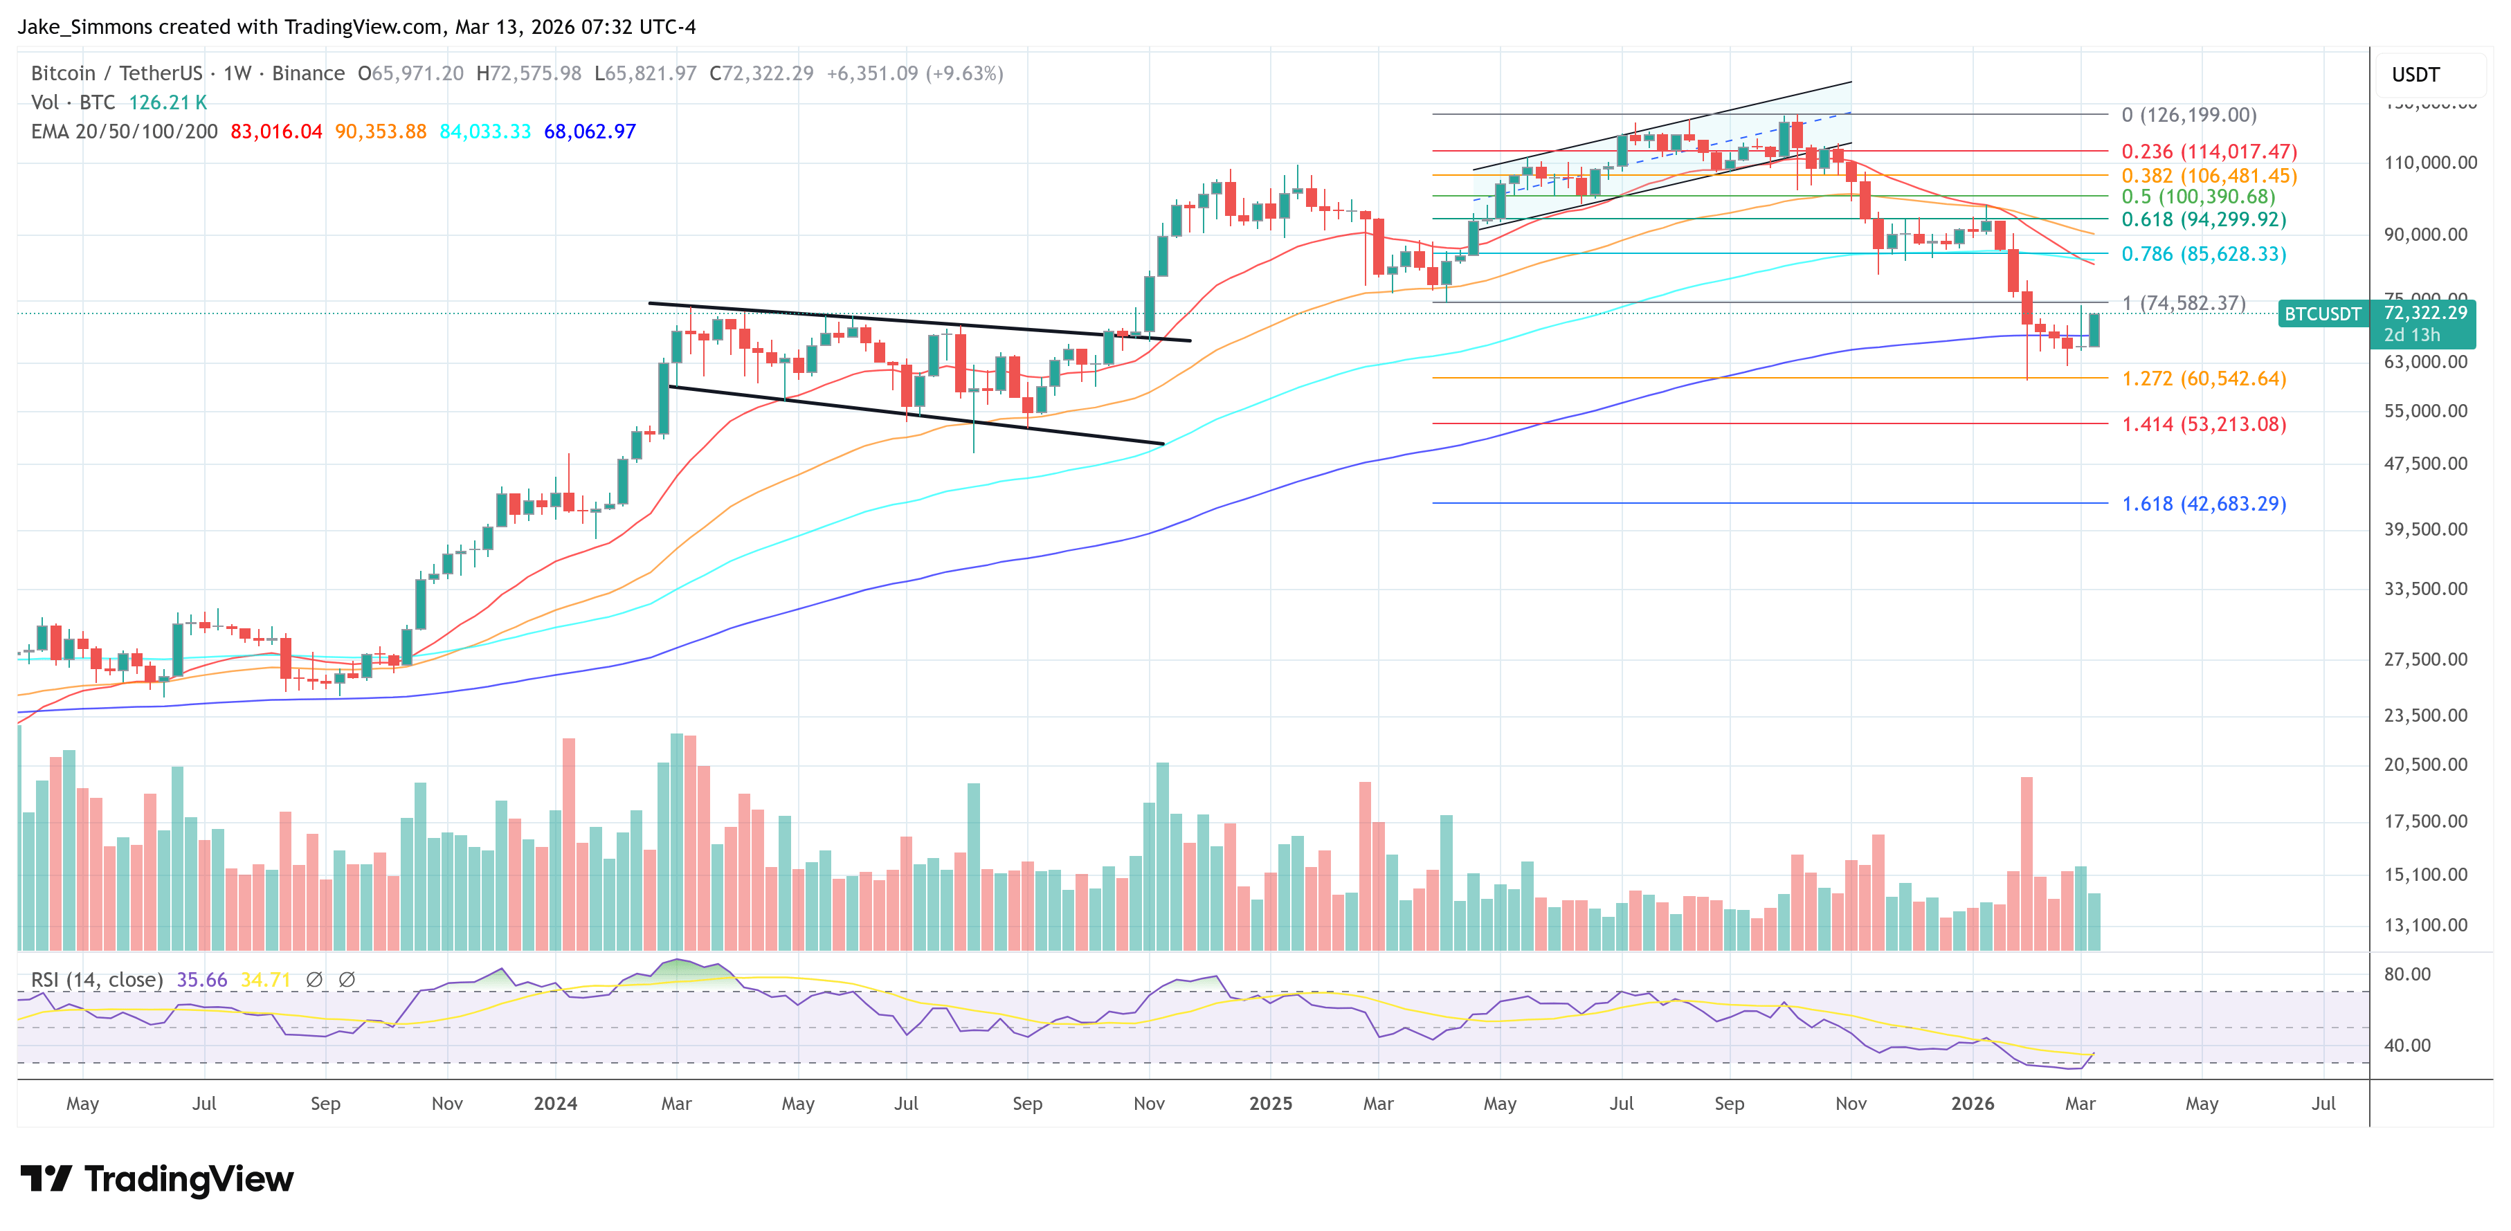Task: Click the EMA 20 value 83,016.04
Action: [x=276, y=131]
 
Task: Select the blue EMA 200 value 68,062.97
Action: [x=589, y=131]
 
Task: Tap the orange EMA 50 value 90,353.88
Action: [x=380, y=131]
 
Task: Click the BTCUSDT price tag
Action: [x=2322, y=314]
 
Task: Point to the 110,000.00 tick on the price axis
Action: [x=2429, y=163]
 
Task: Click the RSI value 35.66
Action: [x=202, y=980]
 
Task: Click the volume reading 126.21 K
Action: [x=167, y=102]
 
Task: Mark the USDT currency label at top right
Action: [x=2415, y=75]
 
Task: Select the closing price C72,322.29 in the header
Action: [x=761, y=73]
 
